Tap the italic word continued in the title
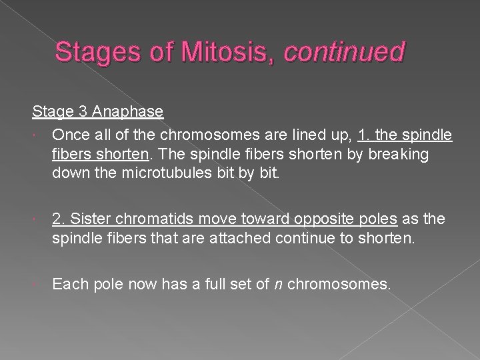(x=343, y=51)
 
